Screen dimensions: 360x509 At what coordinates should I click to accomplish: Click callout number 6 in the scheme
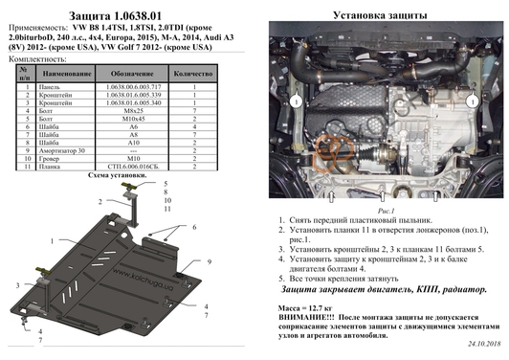(x=194, y=227)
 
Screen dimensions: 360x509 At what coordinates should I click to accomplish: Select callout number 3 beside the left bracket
(x=17, y=286)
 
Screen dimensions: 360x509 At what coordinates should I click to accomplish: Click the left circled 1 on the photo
(x=299, y=100)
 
